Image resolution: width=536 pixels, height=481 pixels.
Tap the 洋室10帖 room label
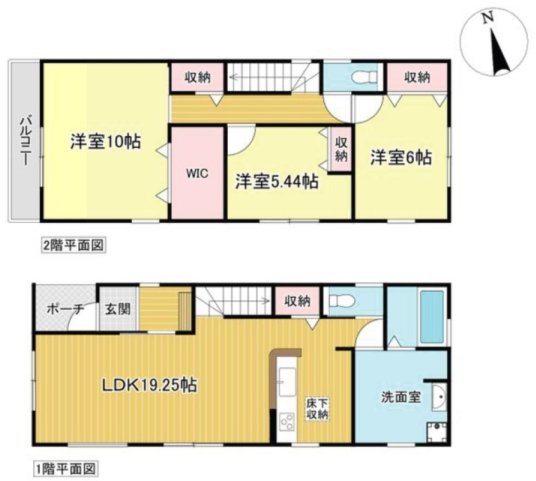coord(105,141)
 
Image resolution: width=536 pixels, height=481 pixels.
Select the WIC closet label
coord(197,174)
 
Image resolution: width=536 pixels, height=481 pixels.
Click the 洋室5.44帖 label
coord(278,181)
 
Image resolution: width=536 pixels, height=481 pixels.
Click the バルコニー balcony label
coord(24,141)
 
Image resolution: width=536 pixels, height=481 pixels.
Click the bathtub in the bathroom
coord(432,317)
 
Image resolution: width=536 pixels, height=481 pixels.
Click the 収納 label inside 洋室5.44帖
coord(341,149)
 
